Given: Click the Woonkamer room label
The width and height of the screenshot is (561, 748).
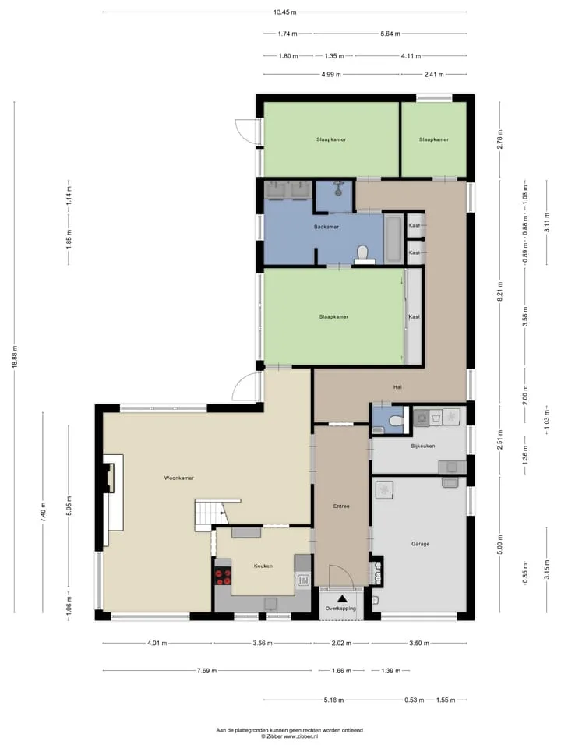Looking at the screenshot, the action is pos(179,478).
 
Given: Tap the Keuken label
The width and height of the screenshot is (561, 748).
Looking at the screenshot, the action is pos(263,566).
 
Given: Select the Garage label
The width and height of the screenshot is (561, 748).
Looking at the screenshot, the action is pos(420,543).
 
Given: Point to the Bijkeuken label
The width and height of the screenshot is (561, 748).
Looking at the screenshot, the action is pos(422,446).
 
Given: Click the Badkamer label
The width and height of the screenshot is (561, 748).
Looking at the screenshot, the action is pos(326,227).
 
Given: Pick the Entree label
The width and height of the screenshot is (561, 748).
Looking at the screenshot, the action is pos(341,506).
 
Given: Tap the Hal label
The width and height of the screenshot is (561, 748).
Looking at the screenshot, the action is pos(397,387).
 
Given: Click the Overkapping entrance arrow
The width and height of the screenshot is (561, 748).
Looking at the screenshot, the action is pos(342,598).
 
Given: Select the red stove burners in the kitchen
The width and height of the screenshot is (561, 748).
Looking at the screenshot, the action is pos(223,577).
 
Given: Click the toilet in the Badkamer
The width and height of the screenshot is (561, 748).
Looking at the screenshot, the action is pos(364,254).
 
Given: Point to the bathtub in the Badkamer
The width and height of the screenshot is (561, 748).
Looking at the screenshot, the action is pos(393,239).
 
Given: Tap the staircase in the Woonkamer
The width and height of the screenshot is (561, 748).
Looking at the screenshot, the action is pos(211,515).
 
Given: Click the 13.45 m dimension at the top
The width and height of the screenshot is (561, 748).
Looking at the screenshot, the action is pos(285,12).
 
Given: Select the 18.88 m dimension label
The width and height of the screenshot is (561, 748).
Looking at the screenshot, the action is pos(14,356).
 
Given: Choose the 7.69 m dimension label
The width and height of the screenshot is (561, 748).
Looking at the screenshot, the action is pos(206,670).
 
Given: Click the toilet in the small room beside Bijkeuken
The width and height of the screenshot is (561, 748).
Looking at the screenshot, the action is pos(395,421).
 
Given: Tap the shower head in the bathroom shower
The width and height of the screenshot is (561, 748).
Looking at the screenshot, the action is pos(339,189).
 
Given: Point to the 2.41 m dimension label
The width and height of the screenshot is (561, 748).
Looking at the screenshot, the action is pos(434,75).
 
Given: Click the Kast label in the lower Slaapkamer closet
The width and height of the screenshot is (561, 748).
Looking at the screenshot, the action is pos(414,316).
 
